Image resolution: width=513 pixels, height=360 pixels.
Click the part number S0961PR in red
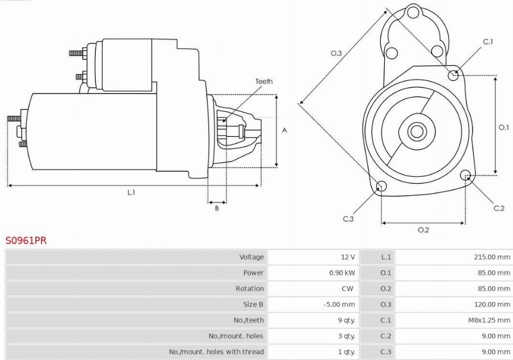[x=26, y=241]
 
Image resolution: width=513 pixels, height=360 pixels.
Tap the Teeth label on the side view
[x=264, y=81]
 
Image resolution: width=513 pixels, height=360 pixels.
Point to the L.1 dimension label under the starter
[x=131, y=193]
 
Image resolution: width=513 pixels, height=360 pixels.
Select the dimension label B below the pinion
[x=217, y=208]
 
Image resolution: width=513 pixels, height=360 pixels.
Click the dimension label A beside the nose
[x=284, y=131]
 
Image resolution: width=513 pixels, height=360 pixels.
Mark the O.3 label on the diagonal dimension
[x=336, y=53]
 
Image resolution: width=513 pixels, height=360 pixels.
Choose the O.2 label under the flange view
[x=424, y=230]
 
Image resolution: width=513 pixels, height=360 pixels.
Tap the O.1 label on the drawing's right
[x=503, y=127]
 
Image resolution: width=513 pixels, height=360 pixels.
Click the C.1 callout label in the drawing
[x=488, y=42]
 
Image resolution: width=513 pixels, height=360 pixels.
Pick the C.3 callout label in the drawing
[x=348, y=219]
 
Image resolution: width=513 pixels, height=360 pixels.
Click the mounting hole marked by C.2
[x=465, y=175]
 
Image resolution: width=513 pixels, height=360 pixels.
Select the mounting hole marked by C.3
[x=381, y=187]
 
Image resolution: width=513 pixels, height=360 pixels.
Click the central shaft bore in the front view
[x=417, y=131]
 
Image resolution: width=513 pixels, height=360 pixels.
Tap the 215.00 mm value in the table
[x=492, y=257]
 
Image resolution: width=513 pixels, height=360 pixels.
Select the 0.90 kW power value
[x=342, y=273]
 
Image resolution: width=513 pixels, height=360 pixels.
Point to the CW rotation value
[x=348, y=289]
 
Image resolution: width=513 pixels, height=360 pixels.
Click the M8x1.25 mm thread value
[x=489, y=320]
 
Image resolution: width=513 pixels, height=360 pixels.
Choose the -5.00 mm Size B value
[x=339, y=304]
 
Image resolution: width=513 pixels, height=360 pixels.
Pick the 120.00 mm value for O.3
[x=492, y=304]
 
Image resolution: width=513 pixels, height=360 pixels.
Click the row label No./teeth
[x=249, y=320]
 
